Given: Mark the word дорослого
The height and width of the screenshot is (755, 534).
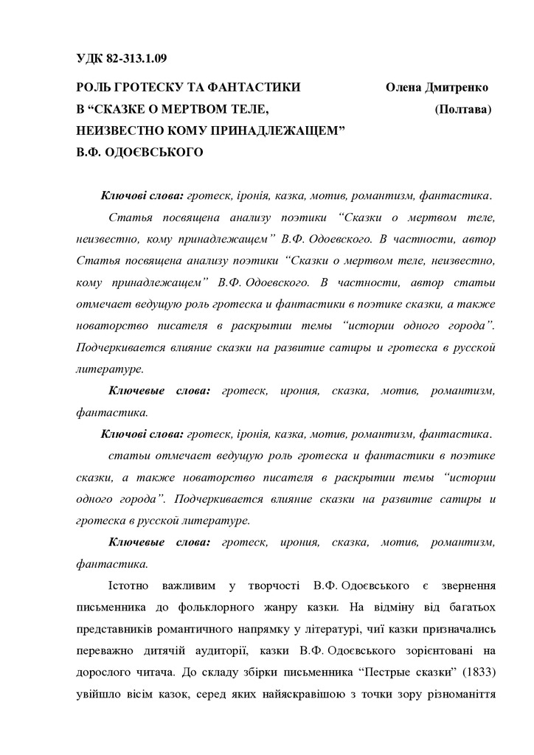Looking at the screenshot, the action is tap(103, 675).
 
